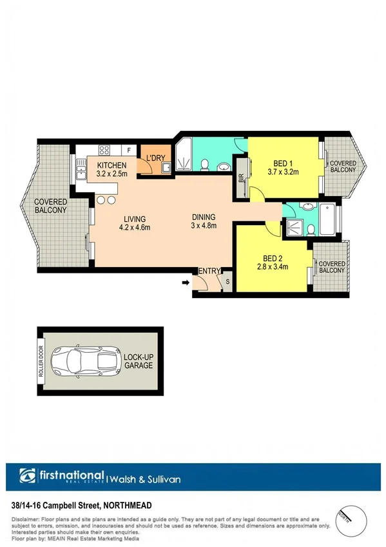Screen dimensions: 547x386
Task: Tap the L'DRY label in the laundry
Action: (x=156, y=158)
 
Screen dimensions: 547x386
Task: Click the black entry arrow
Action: (x=186, y=282)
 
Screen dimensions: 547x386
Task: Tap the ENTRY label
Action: (x=209, y=272)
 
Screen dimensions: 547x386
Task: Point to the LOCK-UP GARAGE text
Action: (x=139, y=361)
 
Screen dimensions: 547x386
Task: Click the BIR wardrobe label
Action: (x=241, y=175)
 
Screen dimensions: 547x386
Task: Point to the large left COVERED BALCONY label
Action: (x=50, y=206)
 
